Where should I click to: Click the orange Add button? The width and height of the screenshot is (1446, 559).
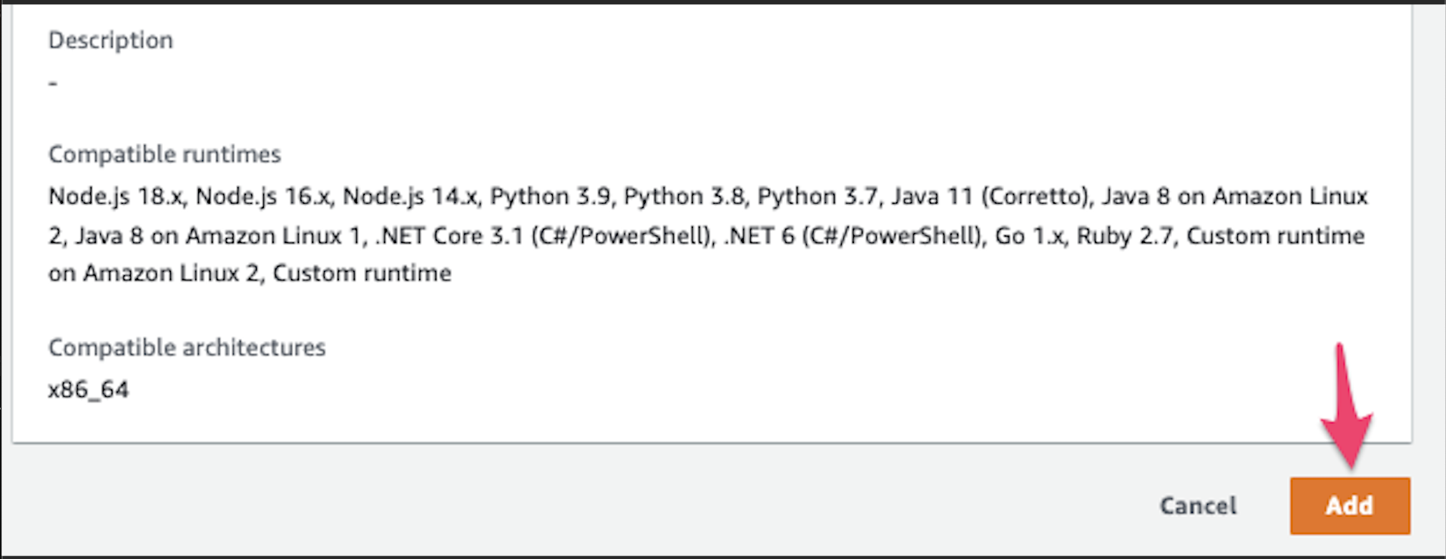tap(1349, 505)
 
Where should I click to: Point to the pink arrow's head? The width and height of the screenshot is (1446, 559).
tap(1347, 440)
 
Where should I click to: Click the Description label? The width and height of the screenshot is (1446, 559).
tap(111, 40)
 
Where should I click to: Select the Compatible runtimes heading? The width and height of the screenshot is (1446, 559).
tap(164, 154)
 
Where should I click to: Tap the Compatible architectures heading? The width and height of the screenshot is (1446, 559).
tap(187, 347)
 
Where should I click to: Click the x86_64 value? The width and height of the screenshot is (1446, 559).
tap(89, 390)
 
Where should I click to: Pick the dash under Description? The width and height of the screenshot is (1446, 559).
tap(53, 84)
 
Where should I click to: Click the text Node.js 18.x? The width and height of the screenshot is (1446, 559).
tap(117, 196)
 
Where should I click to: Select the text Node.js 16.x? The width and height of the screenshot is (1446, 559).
tap(264, 196)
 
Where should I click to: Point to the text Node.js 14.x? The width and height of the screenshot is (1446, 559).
tap(410, 196)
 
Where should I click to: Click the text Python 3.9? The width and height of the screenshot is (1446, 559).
tap(550, 196)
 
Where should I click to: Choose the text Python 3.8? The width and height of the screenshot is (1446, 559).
tap(684, 196)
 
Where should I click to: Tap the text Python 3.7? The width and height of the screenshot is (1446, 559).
tap(817, 196)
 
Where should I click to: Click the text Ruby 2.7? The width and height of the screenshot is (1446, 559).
tap(1126, 236)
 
